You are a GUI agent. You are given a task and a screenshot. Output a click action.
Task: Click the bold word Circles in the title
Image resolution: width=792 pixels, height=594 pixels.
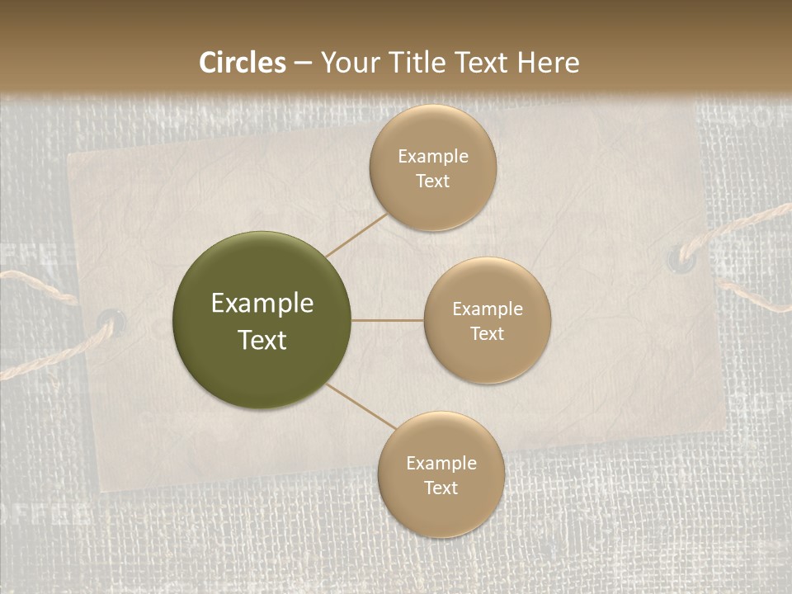tap(243, 63)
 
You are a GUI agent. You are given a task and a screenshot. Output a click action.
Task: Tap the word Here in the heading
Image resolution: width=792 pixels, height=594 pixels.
tap(549, 63)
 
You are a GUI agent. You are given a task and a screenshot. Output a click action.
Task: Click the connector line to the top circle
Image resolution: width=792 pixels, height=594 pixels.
tap(356, 233)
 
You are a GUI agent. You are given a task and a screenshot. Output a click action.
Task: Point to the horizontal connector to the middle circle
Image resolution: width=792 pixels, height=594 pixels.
tap(388, 320)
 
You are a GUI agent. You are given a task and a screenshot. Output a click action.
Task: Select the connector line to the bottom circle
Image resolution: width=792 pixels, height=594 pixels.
tap(361, 408)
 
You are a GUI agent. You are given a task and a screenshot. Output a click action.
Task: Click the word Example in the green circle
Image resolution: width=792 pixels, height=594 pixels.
tap(262, 304)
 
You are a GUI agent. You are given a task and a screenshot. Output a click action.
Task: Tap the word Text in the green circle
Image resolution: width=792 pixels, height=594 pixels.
tap(262, 340)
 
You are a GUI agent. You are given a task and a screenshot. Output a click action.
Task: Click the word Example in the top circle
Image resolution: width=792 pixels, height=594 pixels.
tap(432, 157)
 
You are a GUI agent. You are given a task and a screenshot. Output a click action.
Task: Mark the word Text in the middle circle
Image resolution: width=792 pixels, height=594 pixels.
tap(487, 333)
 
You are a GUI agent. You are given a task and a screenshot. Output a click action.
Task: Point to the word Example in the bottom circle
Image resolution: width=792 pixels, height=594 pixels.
tap(441, 464)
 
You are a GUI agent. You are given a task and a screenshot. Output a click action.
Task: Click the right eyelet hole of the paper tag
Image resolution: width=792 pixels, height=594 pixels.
tap(681, 257)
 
